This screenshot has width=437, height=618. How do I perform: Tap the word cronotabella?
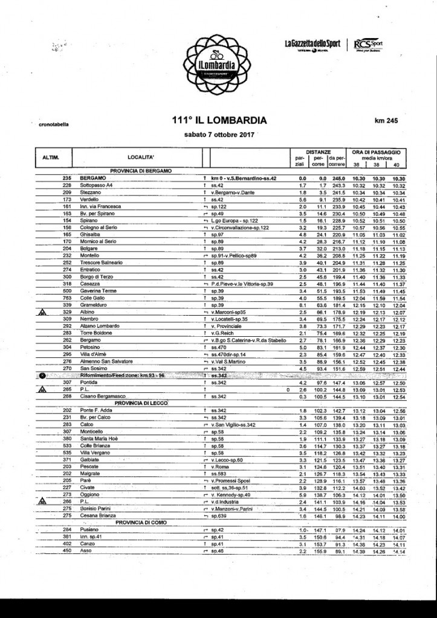click(x=53, y=126)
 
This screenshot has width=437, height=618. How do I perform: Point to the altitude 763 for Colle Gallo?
click(x=67, y=298)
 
